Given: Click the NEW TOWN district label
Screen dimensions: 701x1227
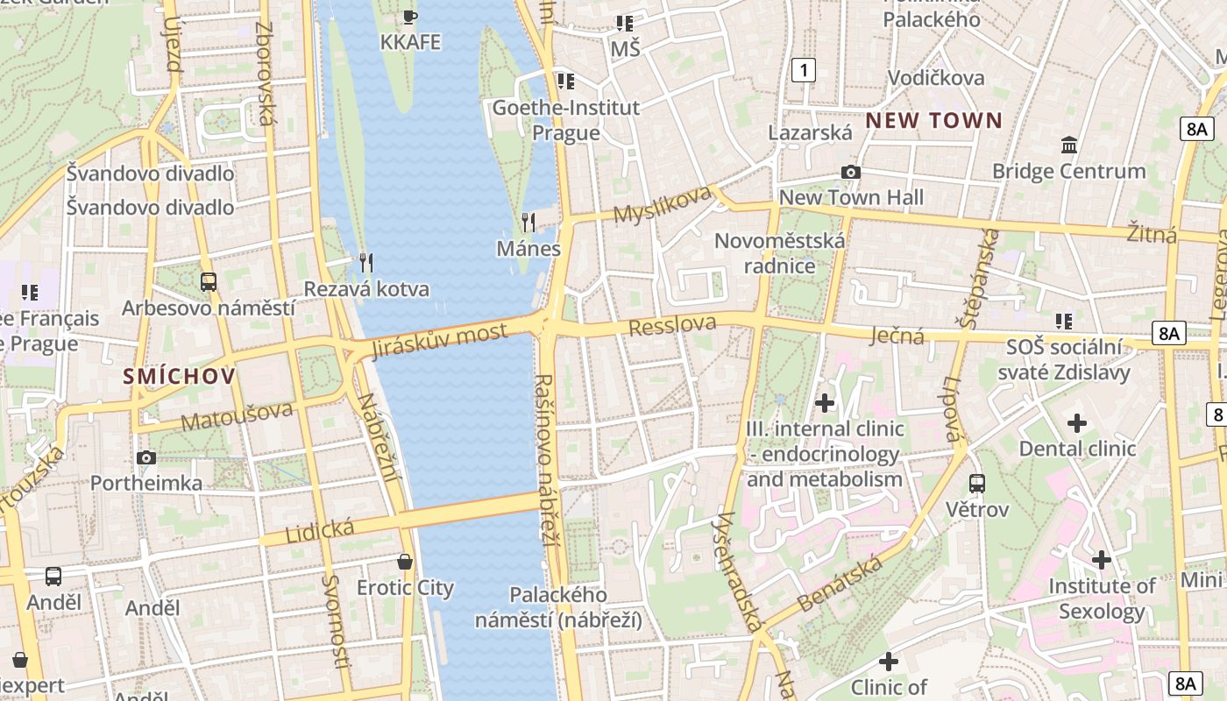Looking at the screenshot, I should coord(933,121).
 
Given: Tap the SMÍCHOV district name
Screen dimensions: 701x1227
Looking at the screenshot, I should coord(180,377).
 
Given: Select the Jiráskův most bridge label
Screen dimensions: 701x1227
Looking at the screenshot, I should coord(440,341).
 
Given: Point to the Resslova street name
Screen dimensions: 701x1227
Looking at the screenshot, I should coord(672,325).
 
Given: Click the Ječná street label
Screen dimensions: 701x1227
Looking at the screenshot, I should coord(897,335).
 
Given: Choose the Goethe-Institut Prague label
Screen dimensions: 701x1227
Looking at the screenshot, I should coord(566,120).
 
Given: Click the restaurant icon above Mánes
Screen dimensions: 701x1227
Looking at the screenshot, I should coord(528,223).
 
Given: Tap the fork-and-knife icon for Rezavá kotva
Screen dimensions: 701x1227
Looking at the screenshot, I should coord(366,262).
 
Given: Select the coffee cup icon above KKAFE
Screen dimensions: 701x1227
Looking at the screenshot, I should coord(410,16).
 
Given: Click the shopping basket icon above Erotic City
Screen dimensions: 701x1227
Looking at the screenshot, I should coord(405,561).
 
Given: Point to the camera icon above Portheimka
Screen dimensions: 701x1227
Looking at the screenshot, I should coord(146,457).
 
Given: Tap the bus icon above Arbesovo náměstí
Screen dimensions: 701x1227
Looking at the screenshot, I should coord(209,281).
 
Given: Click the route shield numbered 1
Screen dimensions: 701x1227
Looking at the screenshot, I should coord(803,70).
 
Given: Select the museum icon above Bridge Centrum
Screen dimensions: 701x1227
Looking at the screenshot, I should coord(1068,145).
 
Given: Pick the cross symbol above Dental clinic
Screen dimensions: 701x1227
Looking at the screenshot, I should coord(1077,423).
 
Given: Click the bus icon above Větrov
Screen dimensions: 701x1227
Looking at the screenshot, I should coord(977,483).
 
